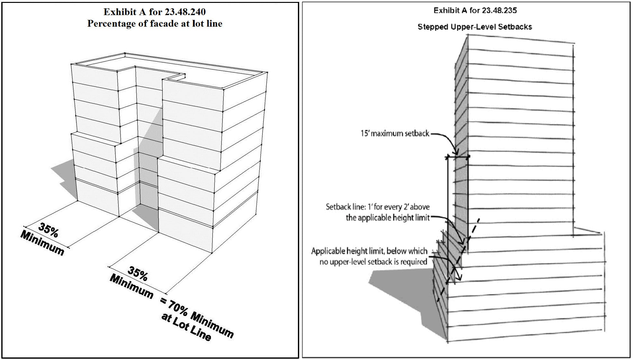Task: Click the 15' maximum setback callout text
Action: click(x=395, y=134)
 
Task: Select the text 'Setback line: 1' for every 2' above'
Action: click(x=377, y=207)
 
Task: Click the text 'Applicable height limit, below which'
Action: click(x=369, y=251)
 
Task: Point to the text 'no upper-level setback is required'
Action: click(x=373, y=262)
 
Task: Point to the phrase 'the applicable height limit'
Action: click(x=387, y=218)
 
